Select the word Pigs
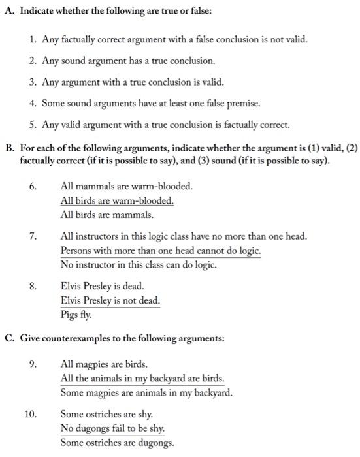69,315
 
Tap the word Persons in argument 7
77,251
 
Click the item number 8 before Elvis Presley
33,286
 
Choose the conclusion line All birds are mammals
98,214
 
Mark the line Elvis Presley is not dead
110,300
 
